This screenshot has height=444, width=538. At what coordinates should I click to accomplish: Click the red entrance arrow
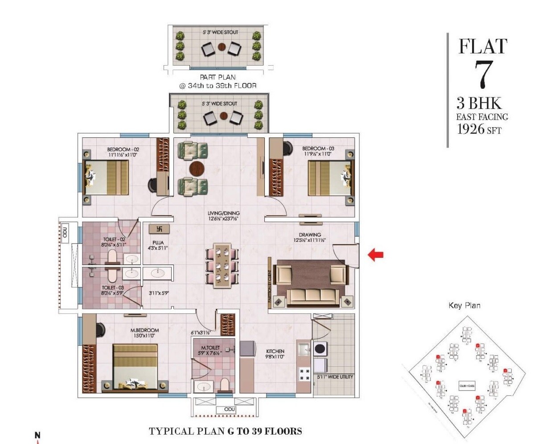coord(375,255)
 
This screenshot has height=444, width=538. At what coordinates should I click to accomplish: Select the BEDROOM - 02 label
coord(123,149)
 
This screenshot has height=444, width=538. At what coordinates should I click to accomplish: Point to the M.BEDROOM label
coord(144,330)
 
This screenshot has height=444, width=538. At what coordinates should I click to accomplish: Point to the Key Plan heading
coord(464,306)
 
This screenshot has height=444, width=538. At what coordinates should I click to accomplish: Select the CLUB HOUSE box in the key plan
coord(467,386)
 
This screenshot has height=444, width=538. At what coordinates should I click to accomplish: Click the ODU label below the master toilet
coord(230,409)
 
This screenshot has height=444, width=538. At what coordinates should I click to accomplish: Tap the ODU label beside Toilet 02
coord(65,232)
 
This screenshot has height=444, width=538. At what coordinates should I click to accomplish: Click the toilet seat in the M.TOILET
coord(224,385)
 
